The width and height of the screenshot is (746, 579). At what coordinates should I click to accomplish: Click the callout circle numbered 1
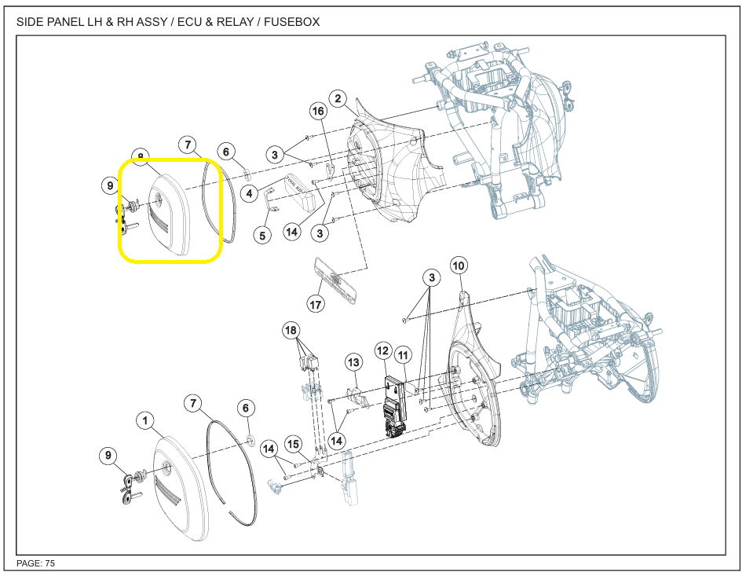146,421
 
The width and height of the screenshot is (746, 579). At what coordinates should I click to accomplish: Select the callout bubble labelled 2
338,99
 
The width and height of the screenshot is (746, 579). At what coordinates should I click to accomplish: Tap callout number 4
249,193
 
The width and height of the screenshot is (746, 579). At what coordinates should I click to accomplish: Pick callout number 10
459,266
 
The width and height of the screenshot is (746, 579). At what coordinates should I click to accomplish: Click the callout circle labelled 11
404,356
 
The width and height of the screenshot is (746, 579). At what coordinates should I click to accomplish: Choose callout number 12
383,350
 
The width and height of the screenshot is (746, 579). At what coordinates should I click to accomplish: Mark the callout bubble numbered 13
353,362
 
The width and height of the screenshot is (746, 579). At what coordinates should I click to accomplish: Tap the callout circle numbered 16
318,112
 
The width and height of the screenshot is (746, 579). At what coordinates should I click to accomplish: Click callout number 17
316,304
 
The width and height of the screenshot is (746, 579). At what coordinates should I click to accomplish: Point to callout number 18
292,332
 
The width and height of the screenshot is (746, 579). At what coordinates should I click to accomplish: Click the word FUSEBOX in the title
291,22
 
